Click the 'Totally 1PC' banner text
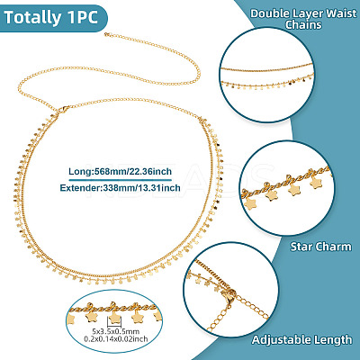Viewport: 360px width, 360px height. coord(51,17)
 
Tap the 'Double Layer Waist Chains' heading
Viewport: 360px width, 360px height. coord(303,19)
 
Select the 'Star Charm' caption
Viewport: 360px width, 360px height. coord(320,247)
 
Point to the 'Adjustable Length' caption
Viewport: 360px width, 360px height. coord(301,339)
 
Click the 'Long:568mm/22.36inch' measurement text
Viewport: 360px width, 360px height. coord(120,171)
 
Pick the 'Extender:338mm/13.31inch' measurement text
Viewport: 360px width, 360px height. coord(120,188)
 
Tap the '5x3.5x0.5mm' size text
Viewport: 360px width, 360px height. coord(115,331)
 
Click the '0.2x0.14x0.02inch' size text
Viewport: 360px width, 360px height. coord(115,339)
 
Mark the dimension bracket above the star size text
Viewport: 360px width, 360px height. coord(114,324)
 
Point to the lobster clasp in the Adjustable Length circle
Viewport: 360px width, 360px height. coord(229,299)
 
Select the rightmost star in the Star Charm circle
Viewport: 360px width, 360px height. coord(315,183)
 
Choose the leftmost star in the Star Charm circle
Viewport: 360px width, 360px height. coord(249,204)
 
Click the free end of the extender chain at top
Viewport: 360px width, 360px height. coord(107,34)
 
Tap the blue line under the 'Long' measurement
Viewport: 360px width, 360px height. coord(121,180)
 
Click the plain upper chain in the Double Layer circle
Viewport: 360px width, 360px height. coord(266,68)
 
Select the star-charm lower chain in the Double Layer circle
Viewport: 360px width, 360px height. coord(267,85)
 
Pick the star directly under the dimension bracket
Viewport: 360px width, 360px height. coord(114,317)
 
